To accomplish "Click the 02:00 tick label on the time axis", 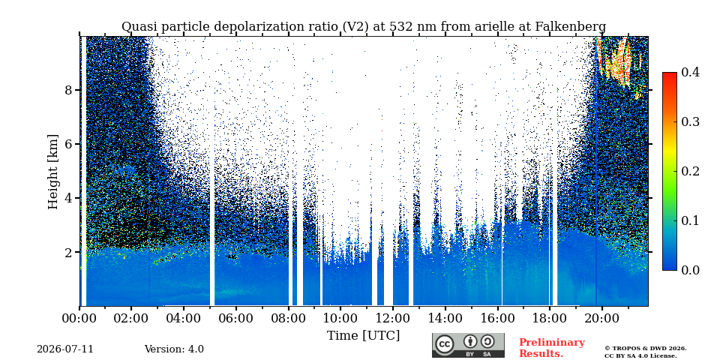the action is point(131,318).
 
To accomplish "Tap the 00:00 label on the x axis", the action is point(79,318).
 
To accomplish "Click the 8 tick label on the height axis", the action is point(69,89).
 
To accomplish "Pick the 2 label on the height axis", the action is point(69,252).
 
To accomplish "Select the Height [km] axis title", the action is point(53,172).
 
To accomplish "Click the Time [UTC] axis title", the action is point(363,335).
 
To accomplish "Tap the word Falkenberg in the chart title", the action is point(570,27).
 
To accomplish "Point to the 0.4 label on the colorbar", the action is point(690,72).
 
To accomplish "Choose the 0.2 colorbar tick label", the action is point(690,171).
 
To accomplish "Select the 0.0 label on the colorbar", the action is point(690,270).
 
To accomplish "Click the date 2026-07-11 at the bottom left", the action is point(65,349).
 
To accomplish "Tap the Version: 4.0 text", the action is point(174,349).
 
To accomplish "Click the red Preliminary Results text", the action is point(552,348).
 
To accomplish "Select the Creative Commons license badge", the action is point(468,345).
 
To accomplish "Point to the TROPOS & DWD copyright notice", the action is point(646,352).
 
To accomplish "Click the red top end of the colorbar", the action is point(670,73).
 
